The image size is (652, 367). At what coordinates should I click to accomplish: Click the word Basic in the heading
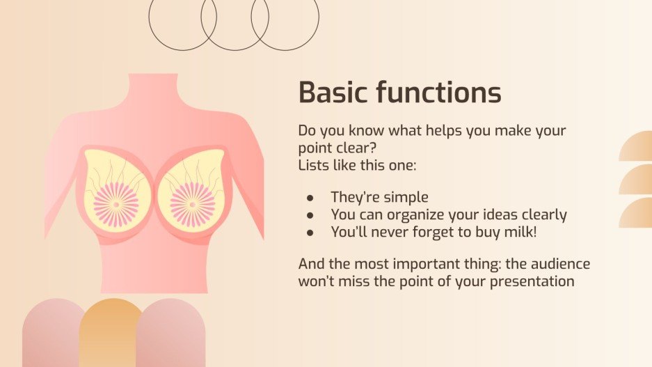(x=333, y=93)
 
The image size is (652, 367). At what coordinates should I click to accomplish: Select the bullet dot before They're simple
(x=310, y=198)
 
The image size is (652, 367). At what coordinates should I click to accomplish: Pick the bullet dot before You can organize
(x=310, y=216)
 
